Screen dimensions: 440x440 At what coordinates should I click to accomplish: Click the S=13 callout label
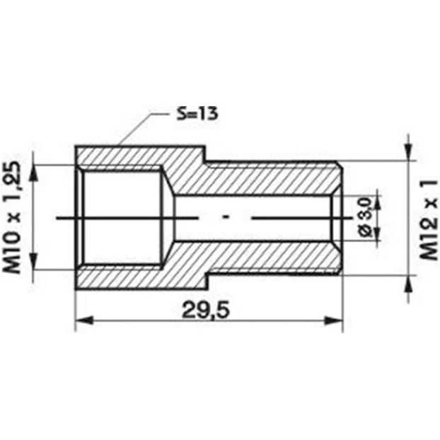pyautogui.click(x=197, y=114)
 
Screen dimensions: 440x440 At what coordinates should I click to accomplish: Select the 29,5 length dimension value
pyautogui.click(x=206, y=311)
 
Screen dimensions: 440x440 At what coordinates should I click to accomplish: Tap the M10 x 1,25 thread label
pyautogui.click(x=12, y=217)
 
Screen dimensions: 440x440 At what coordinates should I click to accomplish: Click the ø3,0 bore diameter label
pyautogui.click(x=366, y=217)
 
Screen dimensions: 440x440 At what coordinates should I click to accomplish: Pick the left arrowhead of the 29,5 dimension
pyautogui.click(x=84, y=320)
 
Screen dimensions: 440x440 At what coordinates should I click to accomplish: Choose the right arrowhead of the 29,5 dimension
pyautogui.click(x=334, y=320)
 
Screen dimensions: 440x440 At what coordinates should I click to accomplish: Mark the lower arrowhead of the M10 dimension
pyautogui.click(x=34, y=261)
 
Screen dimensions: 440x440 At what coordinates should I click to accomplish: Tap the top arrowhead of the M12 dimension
pyautogui.click(x=408, y=152)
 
